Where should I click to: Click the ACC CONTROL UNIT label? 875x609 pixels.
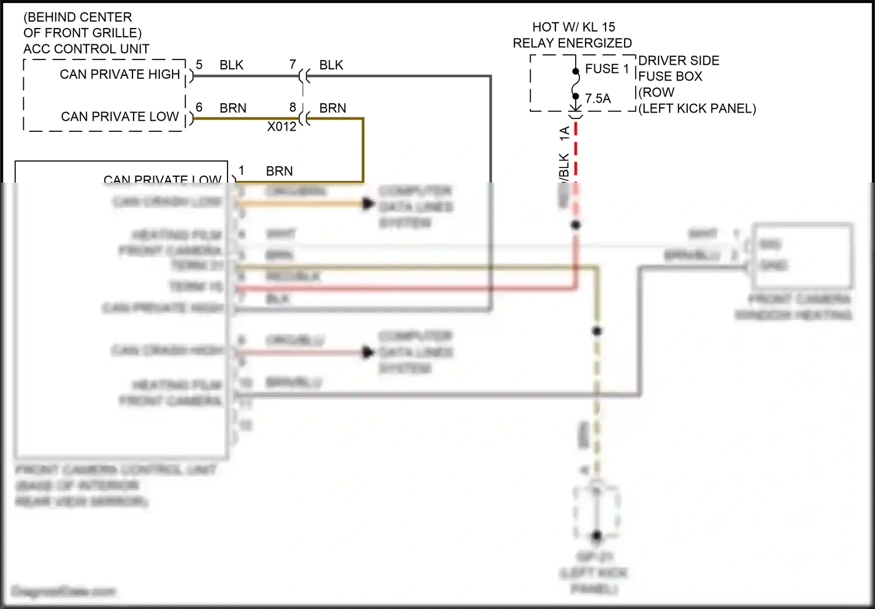(x=86, y=49)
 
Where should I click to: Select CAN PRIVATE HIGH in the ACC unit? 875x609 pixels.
(x=120, y=74)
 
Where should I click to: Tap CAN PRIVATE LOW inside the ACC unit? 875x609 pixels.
(x=120, y=117)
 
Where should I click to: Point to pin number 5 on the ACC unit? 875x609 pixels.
(x=199, y=65)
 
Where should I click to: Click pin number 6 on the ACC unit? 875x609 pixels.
(x=199, y=107)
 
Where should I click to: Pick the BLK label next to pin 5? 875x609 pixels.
(x=231, y=65)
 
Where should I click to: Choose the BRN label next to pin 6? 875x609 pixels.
(x=233, y=108)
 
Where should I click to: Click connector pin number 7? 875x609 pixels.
(x=293, y=65)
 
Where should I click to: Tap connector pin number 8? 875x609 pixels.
(x=293, y=107)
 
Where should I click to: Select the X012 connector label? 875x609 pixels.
(x=282, y=127)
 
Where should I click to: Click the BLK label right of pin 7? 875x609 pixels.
(x=331, y=65)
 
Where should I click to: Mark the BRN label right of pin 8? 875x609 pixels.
(x=332, y=108)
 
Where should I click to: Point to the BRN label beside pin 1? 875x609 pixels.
(x=279, y=171)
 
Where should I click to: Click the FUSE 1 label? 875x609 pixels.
(x=607, y=69)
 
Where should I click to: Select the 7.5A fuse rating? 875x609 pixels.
(x=598, y=99)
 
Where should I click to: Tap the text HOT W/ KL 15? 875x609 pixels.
(x=573, y=27)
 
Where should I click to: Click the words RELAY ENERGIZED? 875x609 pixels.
(x=572, y=43)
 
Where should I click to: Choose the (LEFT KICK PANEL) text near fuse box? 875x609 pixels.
(x=697, y=108)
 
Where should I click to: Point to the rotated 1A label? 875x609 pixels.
(x=564, y=134)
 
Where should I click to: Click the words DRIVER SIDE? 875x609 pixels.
(x=678, y=61)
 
